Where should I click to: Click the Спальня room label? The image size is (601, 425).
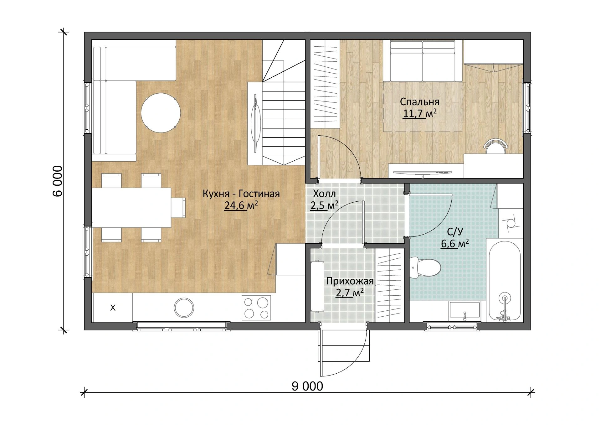(419, 102)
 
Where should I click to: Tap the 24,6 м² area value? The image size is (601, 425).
(241, 205)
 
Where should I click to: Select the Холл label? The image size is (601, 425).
(324, 194)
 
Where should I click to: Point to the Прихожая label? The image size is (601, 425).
(350, 281)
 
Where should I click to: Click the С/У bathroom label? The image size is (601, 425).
(455, 231)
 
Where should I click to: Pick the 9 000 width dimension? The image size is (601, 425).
(307, 386)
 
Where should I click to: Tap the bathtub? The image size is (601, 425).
(504, 280)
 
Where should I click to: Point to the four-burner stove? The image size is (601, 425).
(256, 308)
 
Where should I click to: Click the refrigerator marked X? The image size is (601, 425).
(112, 308)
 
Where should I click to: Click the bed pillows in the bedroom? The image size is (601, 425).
(423, 45)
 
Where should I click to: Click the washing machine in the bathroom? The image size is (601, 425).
(510, 223)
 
